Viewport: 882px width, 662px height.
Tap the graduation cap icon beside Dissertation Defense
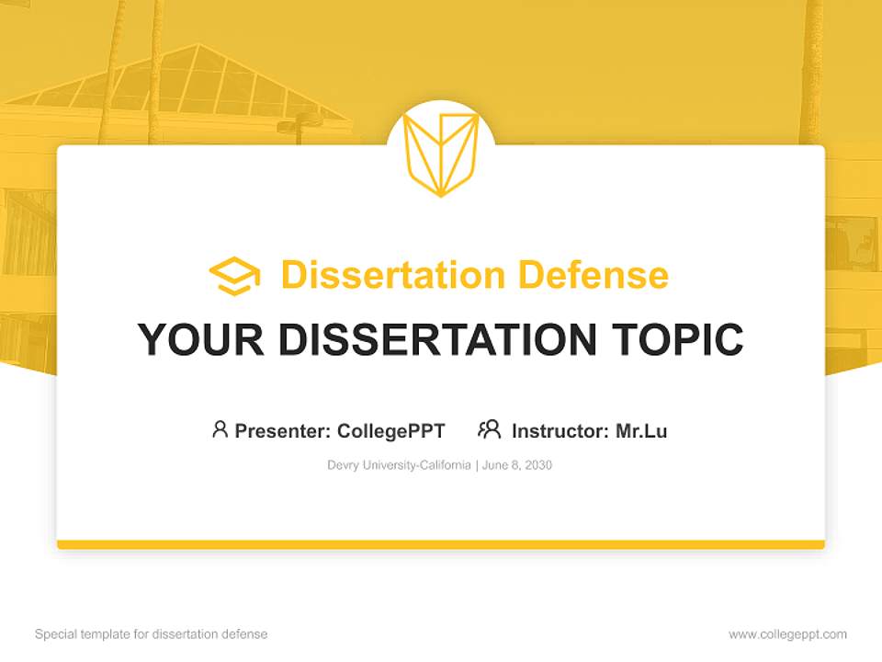[x=234, y=276]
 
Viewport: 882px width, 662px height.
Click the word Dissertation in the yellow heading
[x=392, y=275]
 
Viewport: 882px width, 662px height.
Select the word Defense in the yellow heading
[x=594, y=275]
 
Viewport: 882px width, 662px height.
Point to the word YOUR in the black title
[x=201, y=339]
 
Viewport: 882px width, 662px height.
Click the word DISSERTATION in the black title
[x=437, y=339]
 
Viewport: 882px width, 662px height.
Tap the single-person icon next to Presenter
[x=220, y=429]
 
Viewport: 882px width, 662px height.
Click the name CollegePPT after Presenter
[x=391, y=431]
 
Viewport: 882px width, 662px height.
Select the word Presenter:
[x=282, y=431]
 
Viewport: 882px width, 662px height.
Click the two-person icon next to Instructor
[x=490, y=429]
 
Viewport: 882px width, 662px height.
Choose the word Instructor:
[x=560, y=431]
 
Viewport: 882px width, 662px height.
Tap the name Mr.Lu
[x=642, y=431]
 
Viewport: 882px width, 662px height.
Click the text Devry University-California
[x=399, y=465]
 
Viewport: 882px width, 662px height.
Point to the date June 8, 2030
[x=517, y=465]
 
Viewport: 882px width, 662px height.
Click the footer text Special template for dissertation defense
[x=152, y=634]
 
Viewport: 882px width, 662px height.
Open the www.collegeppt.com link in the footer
[x=787, y=634]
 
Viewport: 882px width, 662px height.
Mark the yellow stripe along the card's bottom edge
[x=441, y=544]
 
